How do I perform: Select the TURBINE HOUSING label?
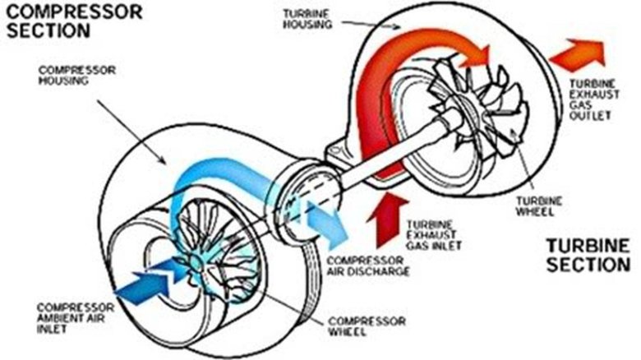click(x=305, y=21)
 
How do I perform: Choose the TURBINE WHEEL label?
click(x=538, y=203)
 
